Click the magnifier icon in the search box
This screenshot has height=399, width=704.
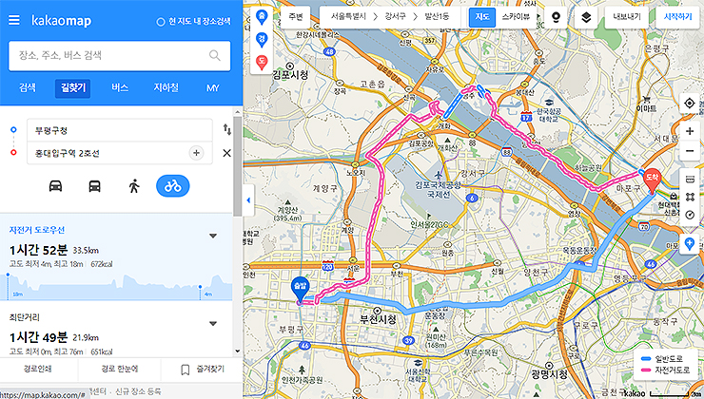[x=215, y=55]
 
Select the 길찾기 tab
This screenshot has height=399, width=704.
[x=71, y=87]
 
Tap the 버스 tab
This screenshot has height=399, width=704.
[x=120, y=87]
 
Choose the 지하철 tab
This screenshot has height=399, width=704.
[x=166, y=87]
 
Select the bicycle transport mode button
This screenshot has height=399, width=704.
[x=173, y=185]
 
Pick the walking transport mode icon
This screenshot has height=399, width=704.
[x=134, y=185]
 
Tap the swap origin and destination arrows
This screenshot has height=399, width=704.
[x=226, y=129]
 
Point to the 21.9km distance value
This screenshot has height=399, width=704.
[x=87, y=337]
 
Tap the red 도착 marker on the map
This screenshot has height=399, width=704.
[x=652, y=177]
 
